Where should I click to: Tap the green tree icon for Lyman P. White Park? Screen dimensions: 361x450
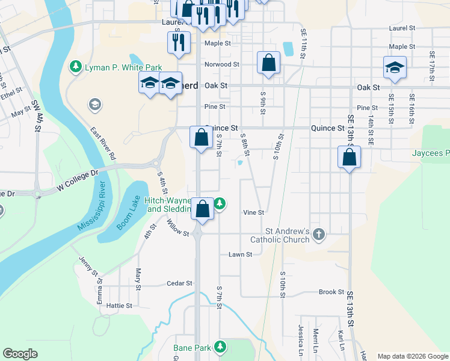click(76, 66)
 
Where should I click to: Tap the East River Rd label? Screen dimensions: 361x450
click(103, 143)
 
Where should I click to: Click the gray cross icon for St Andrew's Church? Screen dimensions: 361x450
click(319, 233)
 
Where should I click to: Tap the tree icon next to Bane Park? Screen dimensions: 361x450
click(221, 347)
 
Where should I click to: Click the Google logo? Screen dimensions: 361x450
click(20, 354)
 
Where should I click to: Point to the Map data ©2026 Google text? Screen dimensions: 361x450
click(413, 356)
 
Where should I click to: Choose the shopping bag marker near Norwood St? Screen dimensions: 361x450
click(268, 63)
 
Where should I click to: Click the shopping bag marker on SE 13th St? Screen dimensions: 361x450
click(349, 158)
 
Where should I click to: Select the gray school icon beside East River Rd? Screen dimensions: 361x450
click(94, 105)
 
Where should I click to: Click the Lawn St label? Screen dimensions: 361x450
click(240, 255)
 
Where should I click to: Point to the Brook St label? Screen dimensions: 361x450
click(331, 292)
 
